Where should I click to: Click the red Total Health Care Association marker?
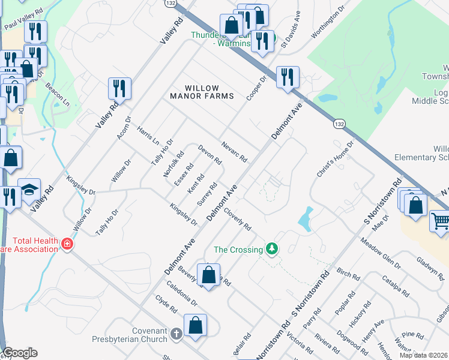tap(67, 244)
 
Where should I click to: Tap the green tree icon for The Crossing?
tap(272, 248)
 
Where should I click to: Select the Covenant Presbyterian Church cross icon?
tap(176, 333)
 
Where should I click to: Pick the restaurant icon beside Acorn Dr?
tap(119, 88)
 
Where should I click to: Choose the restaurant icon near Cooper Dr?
tap(288, 77)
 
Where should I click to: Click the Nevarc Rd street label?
tap(234, 152)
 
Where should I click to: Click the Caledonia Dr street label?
tap(182, 293)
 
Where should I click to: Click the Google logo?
tap(20, 352)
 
